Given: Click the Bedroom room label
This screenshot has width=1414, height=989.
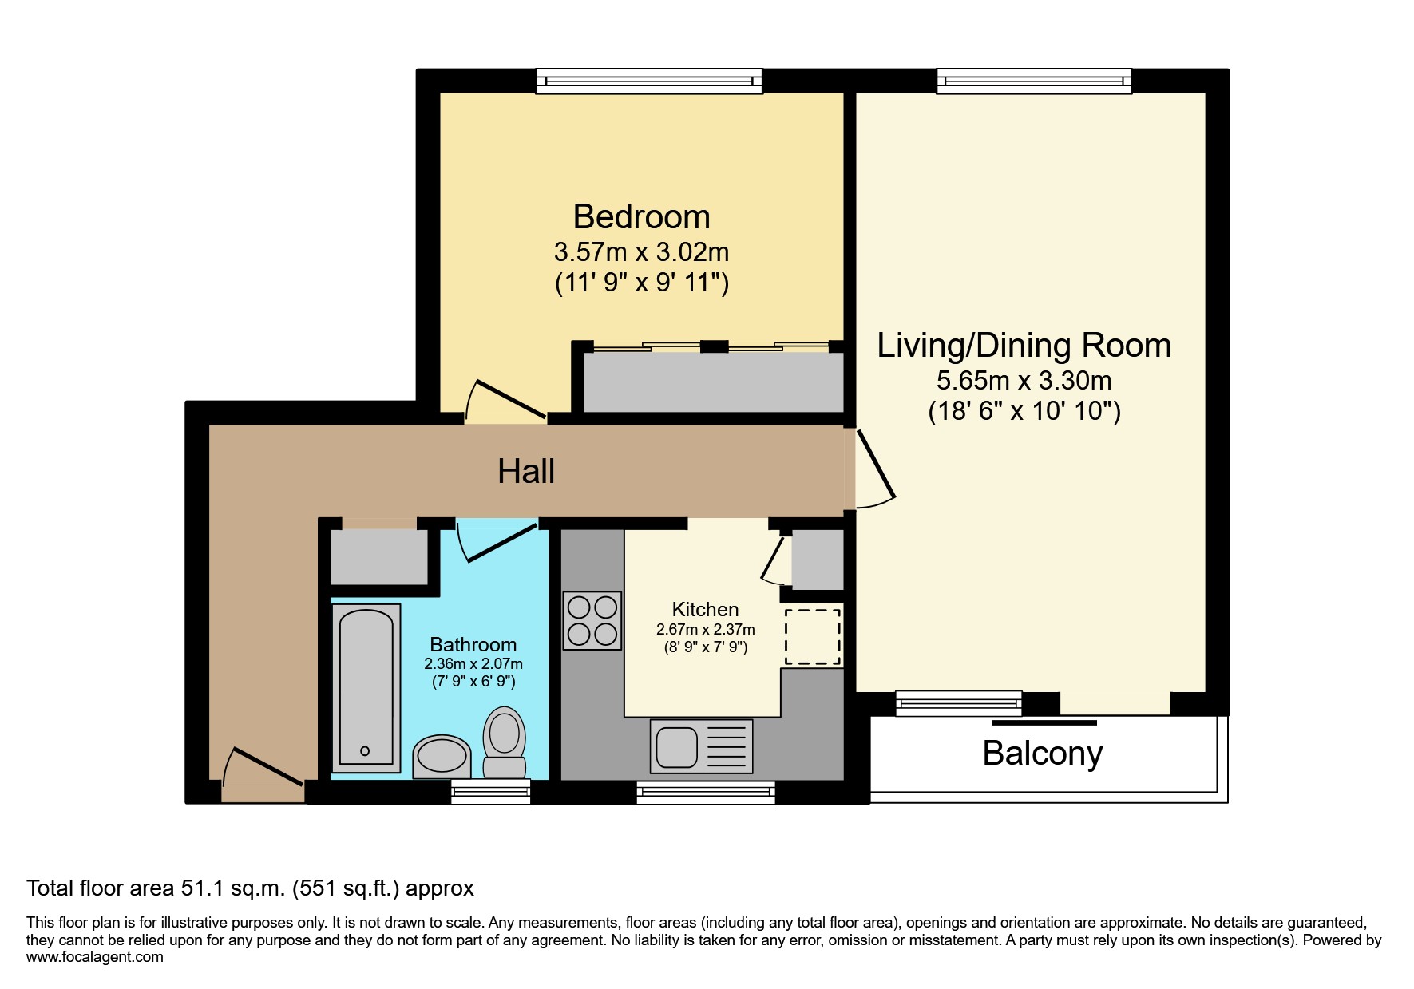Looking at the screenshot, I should pos(641,217).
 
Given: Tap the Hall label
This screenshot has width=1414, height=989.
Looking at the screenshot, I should pos(526,471).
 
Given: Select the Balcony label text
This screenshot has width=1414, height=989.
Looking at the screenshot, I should pos(1042,753).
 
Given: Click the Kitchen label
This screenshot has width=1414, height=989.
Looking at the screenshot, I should pos(705,609).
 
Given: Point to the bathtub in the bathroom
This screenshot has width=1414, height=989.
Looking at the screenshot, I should pos(366,687).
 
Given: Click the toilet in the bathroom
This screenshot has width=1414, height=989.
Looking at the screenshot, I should pos(504,742).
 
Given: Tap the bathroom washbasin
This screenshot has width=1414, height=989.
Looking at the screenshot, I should pos(442,755).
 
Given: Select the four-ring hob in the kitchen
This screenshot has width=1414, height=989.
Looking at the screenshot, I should pos(592,620).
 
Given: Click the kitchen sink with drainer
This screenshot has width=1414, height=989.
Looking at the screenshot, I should pos(701,746).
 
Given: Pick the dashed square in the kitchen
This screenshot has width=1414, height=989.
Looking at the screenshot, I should pos(812,636).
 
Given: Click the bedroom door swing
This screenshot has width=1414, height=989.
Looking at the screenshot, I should pos(503,402).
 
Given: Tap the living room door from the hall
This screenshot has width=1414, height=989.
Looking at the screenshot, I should pos(875,468).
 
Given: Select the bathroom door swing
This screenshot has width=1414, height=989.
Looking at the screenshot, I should pos(495,538).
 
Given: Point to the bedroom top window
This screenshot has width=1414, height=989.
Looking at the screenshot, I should pos(648,81).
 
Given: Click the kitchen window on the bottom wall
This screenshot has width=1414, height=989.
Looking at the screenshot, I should pos(706,792).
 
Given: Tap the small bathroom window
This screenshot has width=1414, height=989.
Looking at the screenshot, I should pos(490,791).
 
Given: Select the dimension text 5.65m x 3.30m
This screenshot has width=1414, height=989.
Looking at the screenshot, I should pos(1024,380).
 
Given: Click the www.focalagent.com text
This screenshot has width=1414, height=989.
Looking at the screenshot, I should pos(94,957).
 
